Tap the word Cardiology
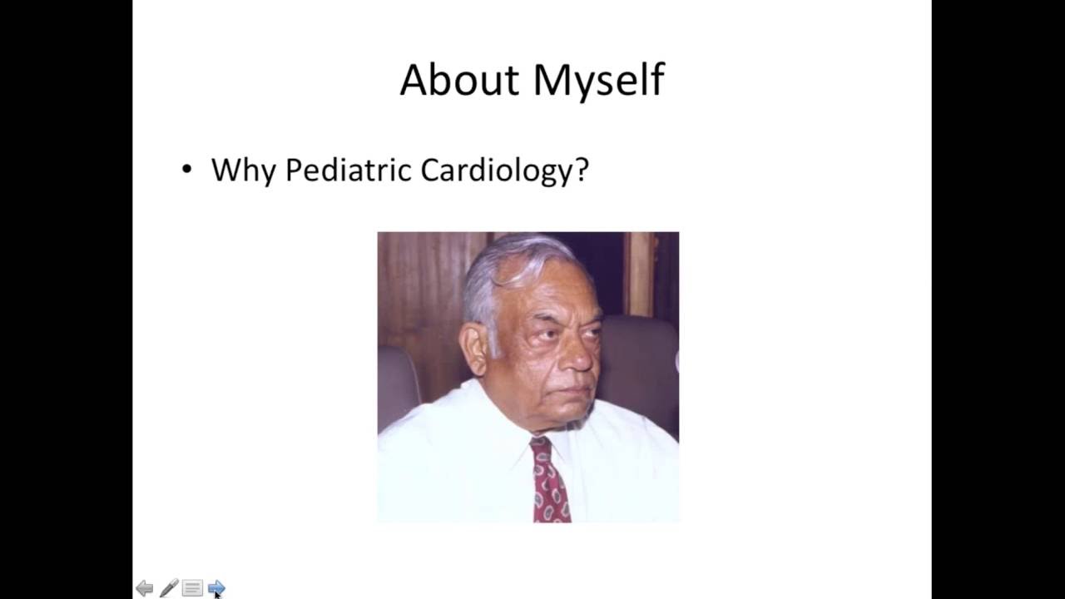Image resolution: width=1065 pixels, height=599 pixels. coord(496,171)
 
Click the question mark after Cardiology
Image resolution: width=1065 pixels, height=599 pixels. coord(582,169)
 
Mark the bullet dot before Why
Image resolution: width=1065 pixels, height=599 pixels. coord(186,170)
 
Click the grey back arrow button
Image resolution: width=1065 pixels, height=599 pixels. coord(145,588)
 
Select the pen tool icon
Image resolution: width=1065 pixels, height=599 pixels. coord(169,588)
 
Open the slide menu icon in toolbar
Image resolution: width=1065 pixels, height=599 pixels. coord(192,588)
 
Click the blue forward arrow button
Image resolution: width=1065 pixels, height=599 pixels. coord(216,588)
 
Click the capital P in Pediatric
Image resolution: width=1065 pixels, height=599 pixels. coord(295,170)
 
